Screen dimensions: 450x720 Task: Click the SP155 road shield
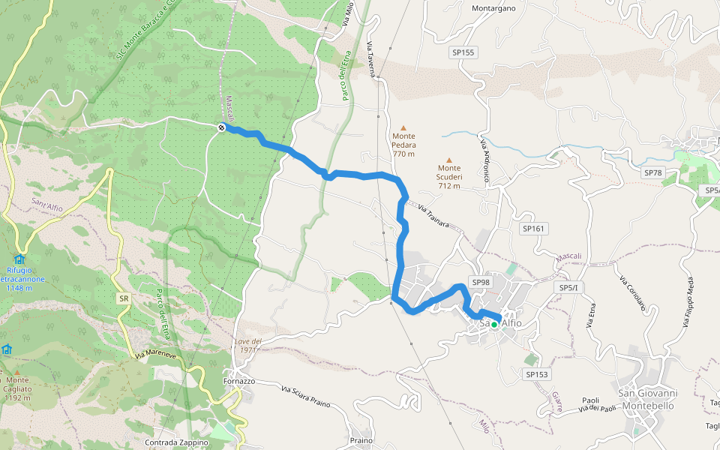pos(463,52)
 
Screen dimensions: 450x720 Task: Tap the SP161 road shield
pos(532,228)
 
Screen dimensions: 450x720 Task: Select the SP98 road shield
pos(480,281)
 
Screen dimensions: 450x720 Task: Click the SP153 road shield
pos(537,374)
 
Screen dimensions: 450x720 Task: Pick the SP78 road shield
pos(653,172)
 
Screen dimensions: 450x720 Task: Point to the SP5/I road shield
pos(571,288)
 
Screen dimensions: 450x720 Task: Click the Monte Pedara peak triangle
pos(403,127)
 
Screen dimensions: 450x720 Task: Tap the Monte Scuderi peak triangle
pos(450,160)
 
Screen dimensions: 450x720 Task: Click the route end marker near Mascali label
pos(221,128)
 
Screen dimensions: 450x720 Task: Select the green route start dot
pos(494,325)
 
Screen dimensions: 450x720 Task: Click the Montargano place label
pos(493,9)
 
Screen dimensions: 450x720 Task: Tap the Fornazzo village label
pos(239,381)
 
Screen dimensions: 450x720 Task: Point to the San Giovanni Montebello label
pos(648,399)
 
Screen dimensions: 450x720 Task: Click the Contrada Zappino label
pos(176,442)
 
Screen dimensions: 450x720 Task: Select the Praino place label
pos(361,440)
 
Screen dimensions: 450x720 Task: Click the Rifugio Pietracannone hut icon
pos(19,259)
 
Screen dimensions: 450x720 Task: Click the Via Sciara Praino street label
pos(305,396)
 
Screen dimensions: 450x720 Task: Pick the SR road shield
pos(123,298)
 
